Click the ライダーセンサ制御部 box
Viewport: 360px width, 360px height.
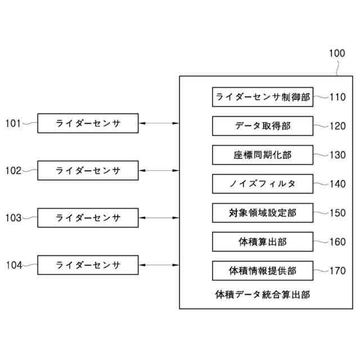[x=263, y=97]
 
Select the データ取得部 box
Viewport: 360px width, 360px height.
[x=263, y=126]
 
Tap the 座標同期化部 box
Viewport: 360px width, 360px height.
[x=263, y=155]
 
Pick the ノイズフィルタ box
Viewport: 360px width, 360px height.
[x=263, y=184]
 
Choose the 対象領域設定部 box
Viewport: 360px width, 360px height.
[x=263, y=213]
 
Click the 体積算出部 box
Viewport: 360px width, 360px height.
[x=263, y=242]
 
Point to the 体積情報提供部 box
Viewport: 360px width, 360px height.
[x=263, y=271]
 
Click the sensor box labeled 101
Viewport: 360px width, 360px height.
[x=87, y=123]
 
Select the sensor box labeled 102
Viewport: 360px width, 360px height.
[x=87, y=170]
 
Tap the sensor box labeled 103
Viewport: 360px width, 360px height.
[x=87, y=217]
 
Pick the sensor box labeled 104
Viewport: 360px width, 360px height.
[x=87, y=264]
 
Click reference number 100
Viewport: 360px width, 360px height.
[x=337, y=54]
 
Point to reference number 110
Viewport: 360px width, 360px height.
[x=337, y=97]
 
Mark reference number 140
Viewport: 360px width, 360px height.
[x=337, y=184]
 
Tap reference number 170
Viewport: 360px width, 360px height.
[x=337, y=271]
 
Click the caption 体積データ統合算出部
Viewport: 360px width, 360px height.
[x=263, y=294]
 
